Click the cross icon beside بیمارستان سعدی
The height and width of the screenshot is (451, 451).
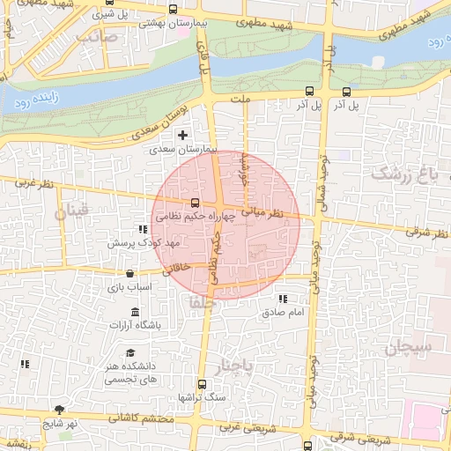pos(182,136)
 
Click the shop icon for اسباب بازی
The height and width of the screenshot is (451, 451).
pos(130,273)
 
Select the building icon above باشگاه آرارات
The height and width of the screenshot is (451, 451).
pos(134,312)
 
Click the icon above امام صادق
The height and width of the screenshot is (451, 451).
pos(283,299)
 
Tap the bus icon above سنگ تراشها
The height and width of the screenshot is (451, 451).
pos(202,384)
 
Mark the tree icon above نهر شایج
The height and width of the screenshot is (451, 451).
pos(59,410)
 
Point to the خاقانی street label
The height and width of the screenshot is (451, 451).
pos(176,268)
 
